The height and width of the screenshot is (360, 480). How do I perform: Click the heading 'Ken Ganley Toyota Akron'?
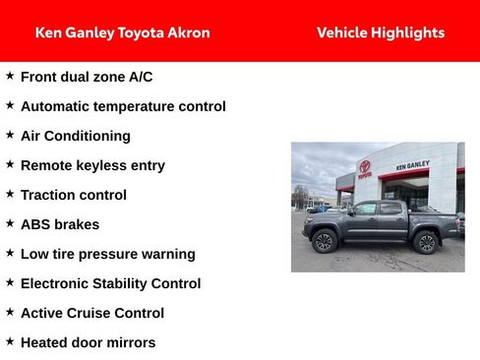click(122, 32)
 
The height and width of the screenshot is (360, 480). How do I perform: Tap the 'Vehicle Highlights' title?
click(381, 32)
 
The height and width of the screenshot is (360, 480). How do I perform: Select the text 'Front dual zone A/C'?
click(87, 77)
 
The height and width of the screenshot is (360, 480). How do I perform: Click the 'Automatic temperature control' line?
click(123, 106)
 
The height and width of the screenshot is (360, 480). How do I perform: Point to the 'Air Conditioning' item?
click(75, 136)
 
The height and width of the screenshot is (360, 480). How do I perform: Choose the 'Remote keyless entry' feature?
click(92, 165)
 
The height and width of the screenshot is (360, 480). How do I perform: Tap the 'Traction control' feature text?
click(74, 195)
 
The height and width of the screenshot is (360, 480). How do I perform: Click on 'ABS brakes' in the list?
click(60, 224)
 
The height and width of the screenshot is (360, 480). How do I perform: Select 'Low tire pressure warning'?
click(108, 254)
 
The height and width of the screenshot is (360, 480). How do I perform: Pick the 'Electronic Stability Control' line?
click(110, 283)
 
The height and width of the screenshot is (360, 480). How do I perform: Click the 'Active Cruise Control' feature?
click(92, 313)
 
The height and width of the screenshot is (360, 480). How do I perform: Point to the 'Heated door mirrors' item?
click(88, 342)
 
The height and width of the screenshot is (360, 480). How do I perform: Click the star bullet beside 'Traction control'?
click(10, 194)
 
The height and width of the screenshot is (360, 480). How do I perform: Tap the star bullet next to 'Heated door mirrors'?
click(10, 341)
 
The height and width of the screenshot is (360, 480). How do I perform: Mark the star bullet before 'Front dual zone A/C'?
click(10, 76)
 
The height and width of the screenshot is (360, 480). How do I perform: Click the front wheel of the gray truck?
click(324, 242)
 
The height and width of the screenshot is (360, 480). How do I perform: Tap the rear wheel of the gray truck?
click(425, 242)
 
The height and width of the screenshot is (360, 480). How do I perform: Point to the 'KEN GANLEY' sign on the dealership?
click(412, 165)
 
